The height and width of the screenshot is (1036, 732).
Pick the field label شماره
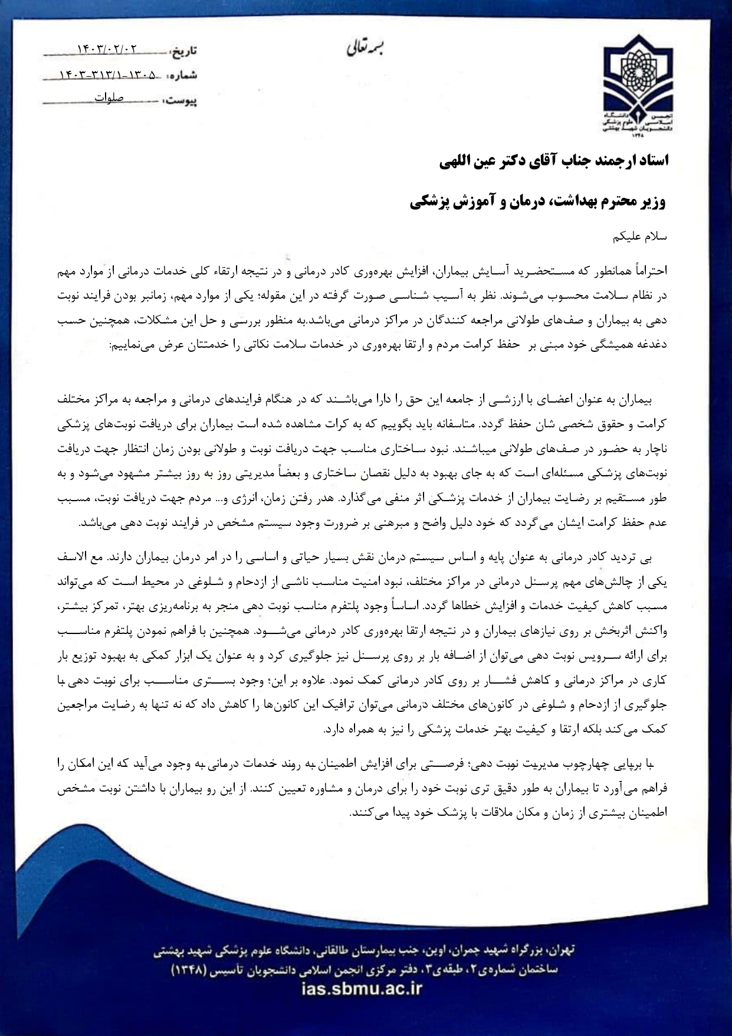pos(183,76)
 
